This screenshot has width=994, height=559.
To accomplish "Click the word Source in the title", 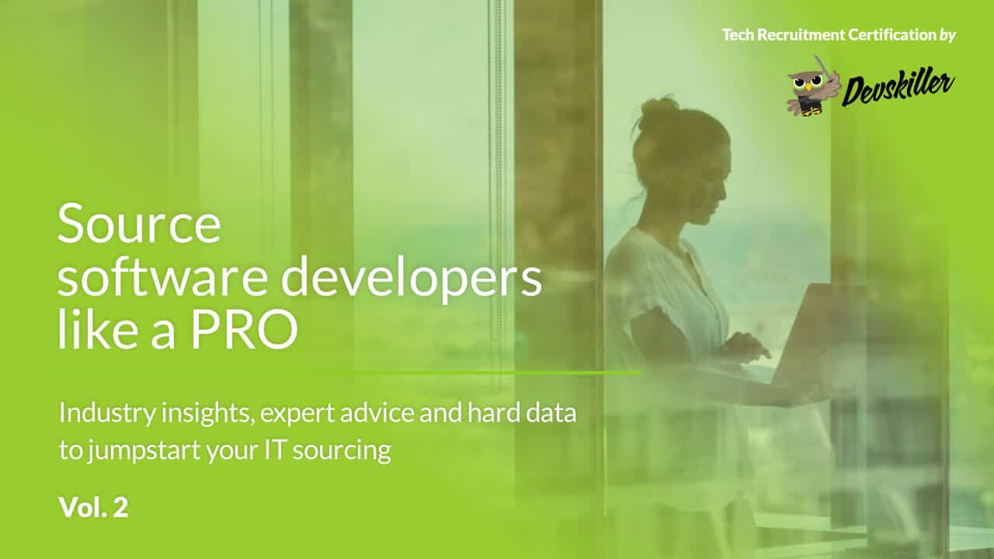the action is pyautogui.click(x=139, y=224).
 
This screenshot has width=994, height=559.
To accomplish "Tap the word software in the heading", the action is pyautogui.click(x=162, y=277).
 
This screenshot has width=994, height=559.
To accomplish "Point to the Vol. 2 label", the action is pyautogui.click(x=93, y=508).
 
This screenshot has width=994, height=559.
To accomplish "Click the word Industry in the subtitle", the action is pyautogui.click(x=107, y=414).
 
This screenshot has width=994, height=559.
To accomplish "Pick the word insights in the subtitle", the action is pyautogui.click(x=208, y=414).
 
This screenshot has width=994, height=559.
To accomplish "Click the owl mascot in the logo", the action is pyautogui.click(x=813, y=87).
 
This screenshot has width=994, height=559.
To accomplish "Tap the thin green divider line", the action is pyautogui.click(x=497, y=373).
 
